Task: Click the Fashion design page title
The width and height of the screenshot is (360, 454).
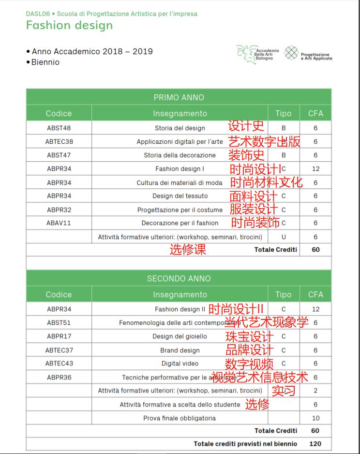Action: point(69,26)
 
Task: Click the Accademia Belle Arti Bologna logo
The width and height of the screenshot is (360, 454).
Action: point(257,54)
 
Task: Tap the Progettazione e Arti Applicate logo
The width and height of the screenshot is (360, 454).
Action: point(308,54)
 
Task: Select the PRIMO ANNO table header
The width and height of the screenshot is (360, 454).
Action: point(179,97)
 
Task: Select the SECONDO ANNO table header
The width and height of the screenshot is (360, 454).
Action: point(179,278)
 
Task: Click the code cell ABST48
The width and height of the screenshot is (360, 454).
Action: point(59,128)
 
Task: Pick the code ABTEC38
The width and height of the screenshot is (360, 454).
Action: point(59,141)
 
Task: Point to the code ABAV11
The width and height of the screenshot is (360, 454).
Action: point(59,223)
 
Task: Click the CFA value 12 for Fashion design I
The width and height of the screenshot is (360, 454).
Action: point(315,168)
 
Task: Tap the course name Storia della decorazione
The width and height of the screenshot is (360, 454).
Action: point(180,155)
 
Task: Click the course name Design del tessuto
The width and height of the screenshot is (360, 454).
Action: point(180,196)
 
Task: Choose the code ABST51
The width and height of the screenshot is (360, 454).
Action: point(59,322)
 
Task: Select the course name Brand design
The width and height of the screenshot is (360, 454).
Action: point(180,350)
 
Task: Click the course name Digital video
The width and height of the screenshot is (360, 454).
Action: point(180,363)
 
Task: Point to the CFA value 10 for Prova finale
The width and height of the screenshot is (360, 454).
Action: point(315,418)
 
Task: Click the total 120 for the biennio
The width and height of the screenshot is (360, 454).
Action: point(315,443)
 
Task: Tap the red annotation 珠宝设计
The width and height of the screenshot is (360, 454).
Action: point(249,337)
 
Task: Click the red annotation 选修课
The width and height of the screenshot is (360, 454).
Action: point(187,250)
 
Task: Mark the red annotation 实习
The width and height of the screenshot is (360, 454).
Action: point(283,391)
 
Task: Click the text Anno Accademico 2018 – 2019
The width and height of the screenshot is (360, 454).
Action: point(92,51)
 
